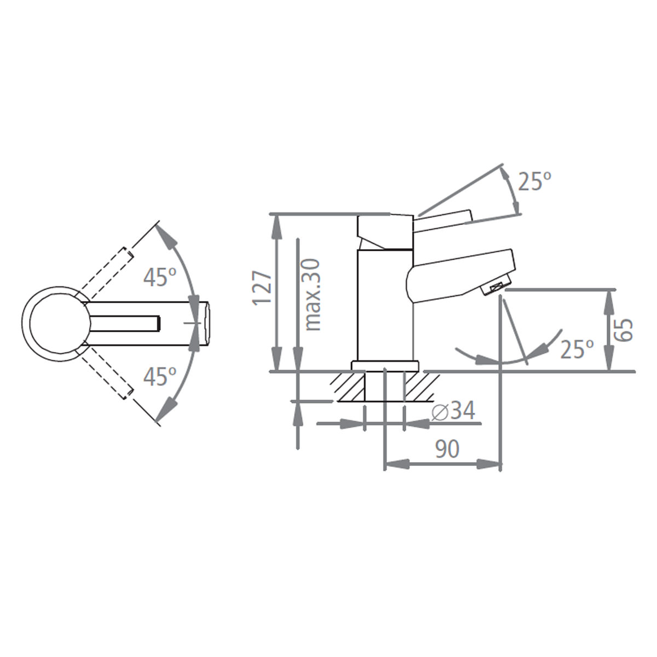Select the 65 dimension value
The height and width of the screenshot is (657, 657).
coord(624,330)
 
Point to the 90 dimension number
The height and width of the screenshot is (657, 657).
coord(447,449)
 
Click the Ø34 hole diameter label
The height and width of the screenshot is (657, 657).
coord(453,411)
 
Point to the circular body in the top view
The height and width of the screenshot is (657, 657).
coord(54,324)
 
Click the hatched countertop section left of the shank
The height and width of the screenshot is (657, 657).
coord(349,387)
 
